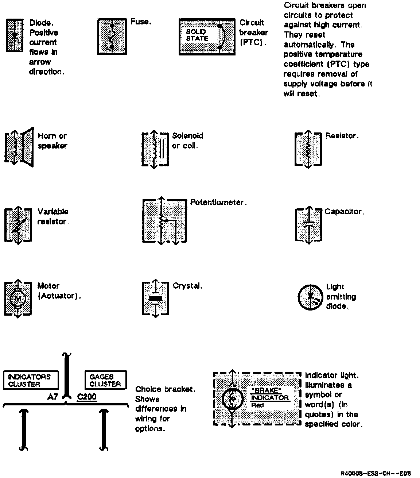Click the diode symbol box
point(15,36)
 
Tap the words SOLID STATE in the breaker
point(197,35)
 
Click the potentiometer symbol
point(164,221)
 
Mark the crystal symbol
point(156,298)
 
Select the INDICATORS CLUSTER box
point(31,380)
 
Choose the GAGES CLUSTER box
point(105,380)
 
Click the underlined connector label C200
point(87,397)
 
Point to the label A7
point(52,397)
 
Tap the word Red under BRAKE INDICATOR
point(258,405)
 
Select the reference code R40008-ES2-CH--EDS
point(376,473)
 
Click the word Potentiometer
point(218,202)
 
